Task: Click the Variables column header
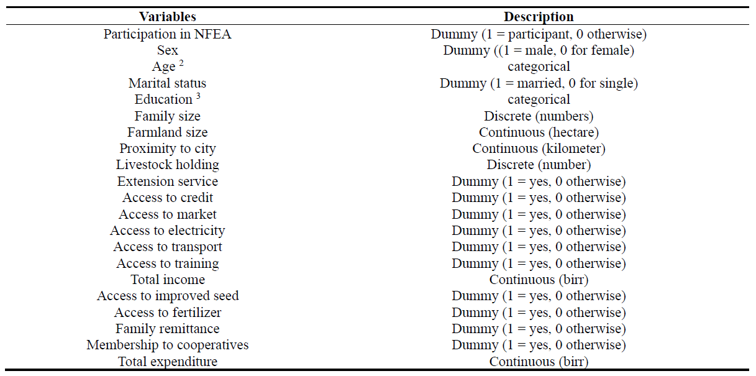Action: [x=167, y=17]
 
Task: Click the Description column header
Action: [x=539, y=17]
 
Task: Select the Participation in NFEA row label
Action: [x=167, y=34]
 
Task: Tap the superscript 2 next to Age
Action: [x=181, y=63]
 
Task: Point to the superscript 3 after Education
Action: [x=198, y=96]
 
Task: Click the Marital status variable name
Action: [x=167, y=83]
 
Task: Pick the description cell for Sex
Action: [x=539, y=50]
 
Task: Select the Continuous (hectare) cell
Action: [x=539, y=132]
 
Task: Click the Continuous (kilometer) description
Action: [x=539, y=149]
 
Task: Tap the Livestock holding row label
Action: [x=167, y=165]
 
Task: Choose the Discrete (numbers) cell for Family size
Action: [x=539, y=116]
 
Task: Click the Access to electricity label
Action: [x=167, y=231]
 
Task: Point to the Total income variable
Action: [x=167, y=280]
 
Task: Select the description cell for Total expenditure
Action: [x=539, y=362]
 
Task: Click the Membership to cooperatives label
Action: [x=167, y=345]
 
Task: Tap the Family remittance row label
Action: [x=167, y=329]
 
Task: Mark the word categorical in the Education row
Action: [x=539, y=99]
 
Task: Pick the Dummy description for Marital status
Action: [x=539, y=83]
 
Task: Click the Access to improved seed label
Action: [x=167, y=296]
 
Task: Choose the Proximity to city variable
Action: [x=167, y=149]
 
